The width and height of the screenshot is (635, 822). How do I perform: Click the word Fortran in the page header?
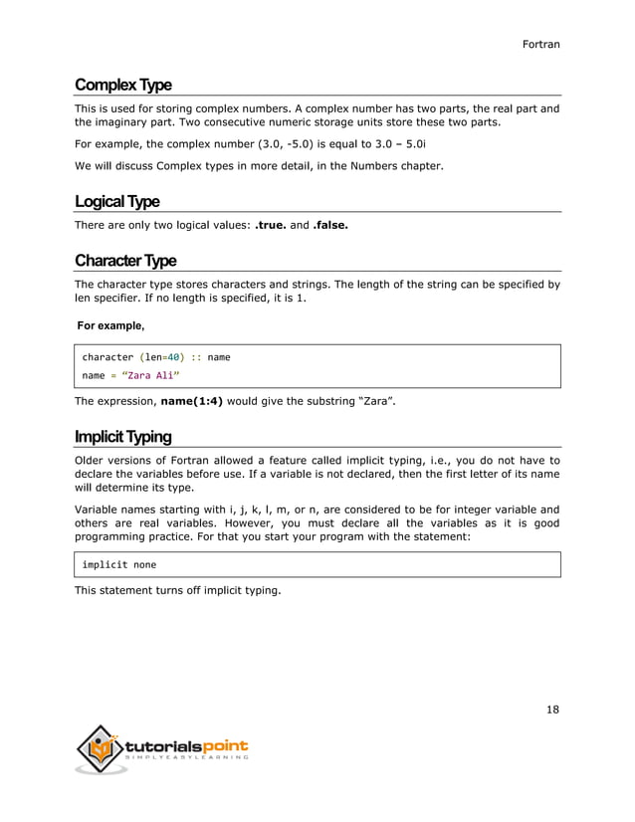(541, 44)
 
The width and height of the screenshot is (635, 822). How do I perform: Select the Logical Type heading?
(116, 202)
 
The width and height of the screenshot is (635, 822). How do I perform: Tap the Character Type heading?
(125, 261)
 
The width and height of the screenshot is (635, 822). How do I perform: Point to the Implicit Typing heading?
(122, 437)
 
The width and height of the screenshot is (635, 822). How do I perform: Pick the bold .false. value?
(330, 225)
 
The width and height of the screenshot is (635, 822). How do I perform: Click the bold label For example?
(110, 325)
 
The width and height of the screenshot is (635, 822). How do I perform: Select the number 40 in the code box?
(173, 356)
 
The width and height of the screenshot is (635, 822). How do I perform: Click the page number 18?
(552, 710)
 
